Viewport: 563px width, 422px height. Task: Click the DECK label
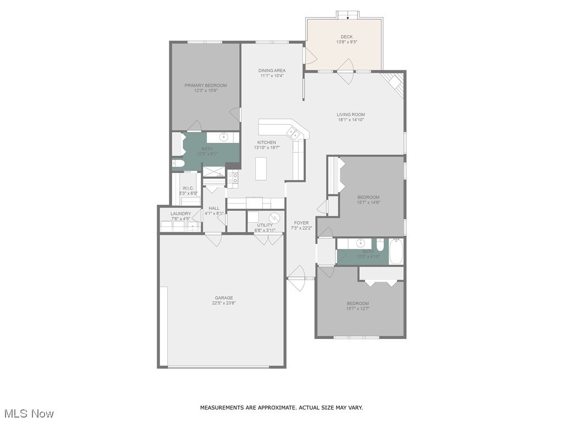click(346, 37)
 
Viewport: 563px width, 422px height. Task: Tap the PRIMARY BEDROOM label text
click(205, 85)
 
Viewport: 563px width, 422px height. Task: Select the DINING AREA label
click(272, 70)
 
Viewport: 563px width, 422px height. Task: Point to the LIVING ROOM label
click(351, 115)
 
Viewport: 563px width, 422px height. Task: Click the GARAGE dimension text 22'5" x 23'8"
click(224, 303)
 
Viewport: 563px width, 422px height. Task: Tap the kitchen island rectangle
click(262, 166)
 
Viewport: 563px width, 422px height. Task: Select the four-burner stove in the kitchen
click(233, 177)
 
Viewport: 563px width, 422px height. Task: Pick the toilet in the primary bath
click(178, 163)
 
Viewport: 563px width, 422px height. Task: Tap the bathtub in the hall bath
click(396, 252)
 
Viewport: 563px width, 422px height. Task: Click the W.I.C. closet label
click(189, 188)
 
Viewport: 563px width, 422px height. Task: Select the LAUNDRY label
click(180, 213)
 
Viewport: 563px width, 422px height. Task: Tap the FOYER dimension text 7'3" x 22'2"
click(301, 227)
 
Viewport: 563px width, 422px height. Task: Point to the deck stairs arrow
click(347, 17)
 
